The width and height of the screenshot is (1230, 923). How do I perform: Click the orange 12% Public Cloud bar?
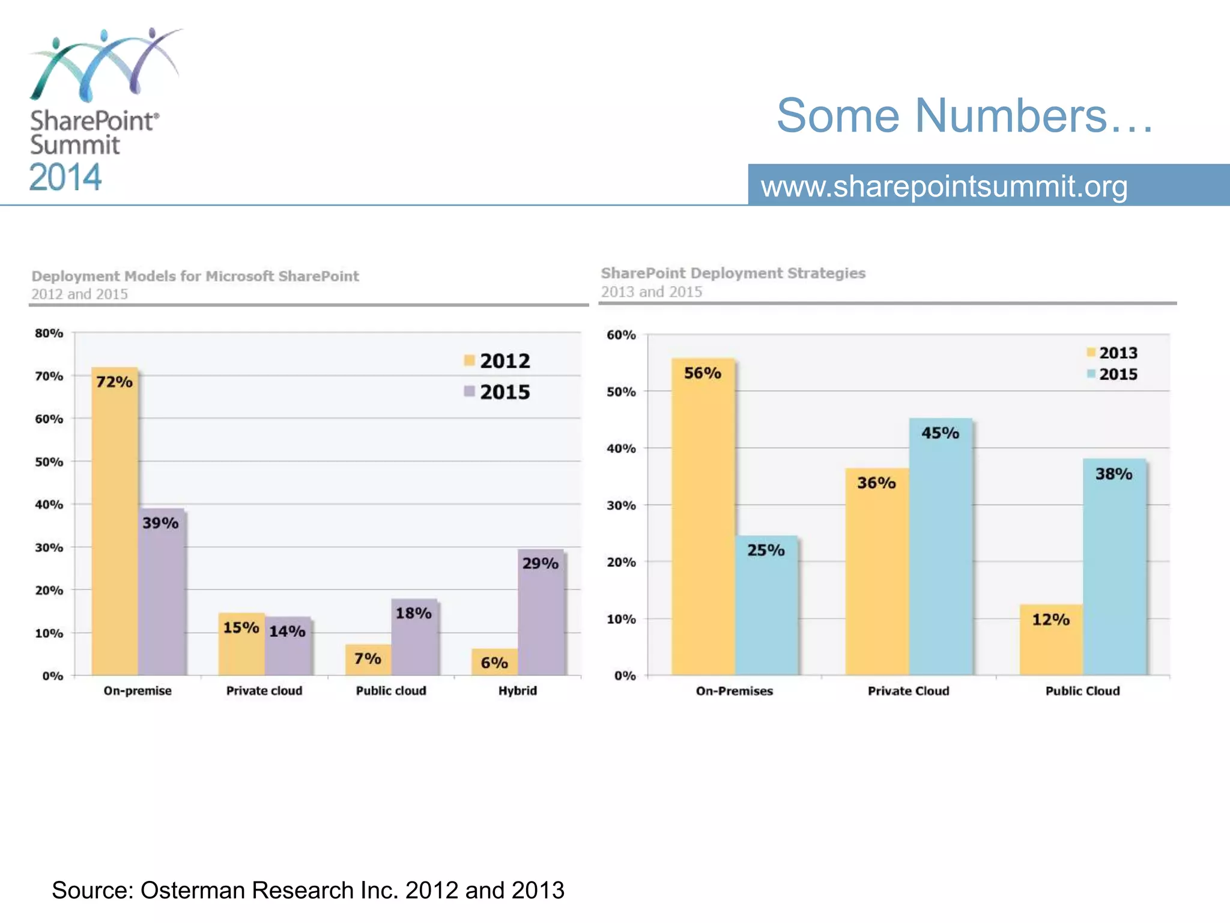pyautogui.click(x=1051, y=641)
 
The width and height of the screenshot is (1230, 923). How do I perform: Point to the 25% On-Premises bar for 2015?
pyautogui.click(x=766, y=607)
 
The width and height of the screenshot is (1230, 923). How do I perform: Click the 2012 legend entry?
pyautogui.click(x=497, y=361)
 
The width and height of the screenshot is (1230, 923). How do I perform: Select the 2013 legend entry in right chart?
pyautogui.click(x=1112, y=353)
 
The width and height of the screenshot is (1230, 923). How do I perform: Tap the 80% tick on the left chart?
pyautogui.click(x=49, y=333)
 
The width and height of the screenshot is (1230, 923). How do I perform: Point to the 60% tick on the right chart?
pyautogui.click(x=621, y=335)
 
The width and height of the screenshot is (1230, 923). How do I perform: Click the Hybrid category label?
pyautogui.click(x=517, y=690)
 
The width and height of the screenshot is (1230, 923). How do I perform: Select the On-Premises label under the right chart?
pyautogui.click(x=734, y=691)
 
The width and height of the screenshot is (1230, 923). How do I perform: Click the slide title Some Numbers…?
pyautogui.click(x=965, y=115)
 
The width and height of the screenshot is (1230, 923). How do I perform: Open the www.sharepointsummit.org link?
pyautogui.click(x=944, y=186)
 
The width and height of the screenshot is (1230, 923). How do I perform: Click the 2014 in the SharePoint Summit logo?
pyautogui.click(x=65, y=177)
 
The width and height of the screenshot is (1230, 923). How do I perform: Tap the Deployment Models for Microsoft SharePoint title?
pyautogui.click(x=195, y=276)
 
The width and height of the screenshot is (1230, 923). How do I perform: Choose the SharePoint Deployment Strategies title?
pyautogui.click(x=733, y=273)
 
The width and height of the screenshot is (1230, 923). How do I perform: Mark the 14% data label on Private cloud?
pyautogui.click(x=287, y=631)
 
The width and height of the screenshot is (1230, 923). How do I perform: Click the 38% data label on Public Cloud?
pyautogui.click(x=1113, y=474)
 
